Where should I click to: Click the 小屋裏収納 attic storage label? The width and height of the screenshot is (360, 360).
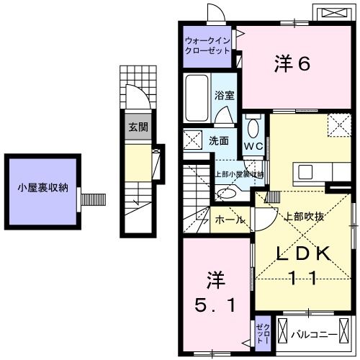tap(42, 188)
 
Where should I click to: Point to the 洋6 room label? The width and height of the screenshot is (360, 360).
tap(291, 64)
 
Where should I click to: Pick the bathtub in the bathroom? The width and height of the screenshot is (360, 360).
tap(197, 102)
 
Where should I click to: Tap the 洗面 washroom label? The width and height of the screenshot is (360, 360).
tap(219, 140)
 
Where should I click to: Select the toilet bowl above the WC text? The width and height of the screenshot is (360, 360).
tap(252, 127)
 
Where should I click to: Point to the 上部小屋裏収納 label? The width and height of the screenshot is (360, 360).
tap(238, 174)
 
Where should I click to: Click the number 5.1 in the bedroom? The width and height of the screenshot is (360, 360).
tap(215, 305)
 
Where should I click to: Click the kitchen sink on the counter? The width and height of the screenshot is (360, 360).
tap(305, 172)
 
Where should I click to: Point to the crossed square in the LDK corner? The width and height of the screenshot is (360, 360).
tap(338, 125)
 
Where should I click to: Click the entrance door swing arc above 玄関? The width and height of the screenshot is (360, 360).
tap(134, 94)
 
